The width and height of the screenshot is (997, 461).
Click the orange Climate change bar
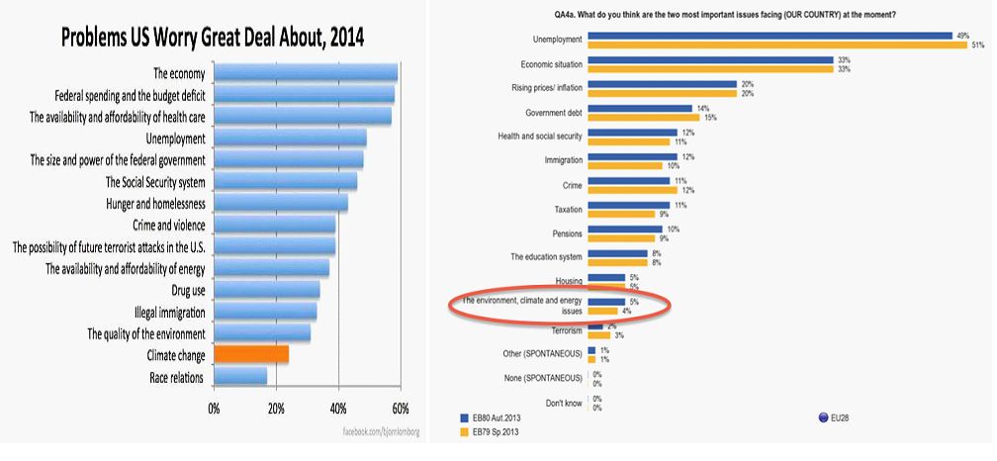pyautogui.click(x=251, y=354)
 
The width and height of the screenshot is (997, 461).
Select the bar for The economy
pyautogui.click(x=305, y=72)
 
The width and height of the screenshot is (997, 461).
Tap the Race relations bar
pyautogui.click(x=240, y=377)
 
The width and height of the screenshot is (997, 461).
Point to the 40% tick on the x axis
pyautogui.click(x=338, y=408)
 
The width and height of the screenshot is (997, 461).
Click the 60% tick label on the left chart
pyautogui.click(x=401, y=408)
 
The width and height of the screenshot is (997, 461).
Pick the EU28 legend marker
pyautogui.click(x=823, y=417)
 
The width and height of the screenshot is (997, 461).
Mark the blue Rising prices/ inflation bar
pyautogui.click(x=662, y=84)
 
